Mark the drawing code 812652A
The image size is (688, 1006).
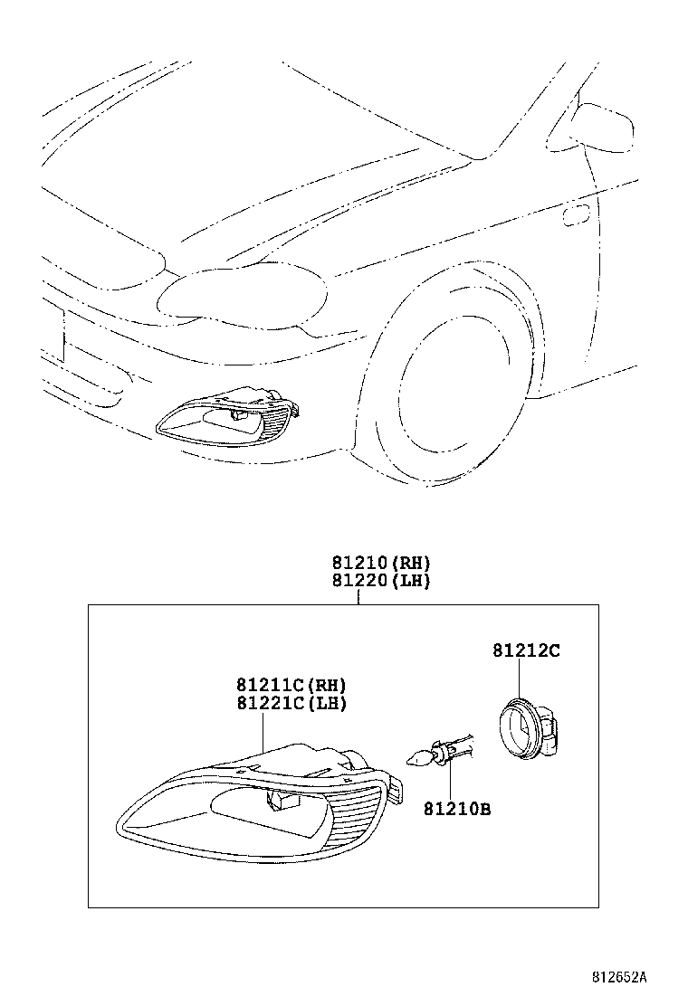pos(621,978)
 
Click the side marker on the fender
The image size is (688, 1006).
pos(575,214)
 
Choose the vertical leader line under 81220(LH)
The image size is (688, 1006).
pos(358,596)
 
